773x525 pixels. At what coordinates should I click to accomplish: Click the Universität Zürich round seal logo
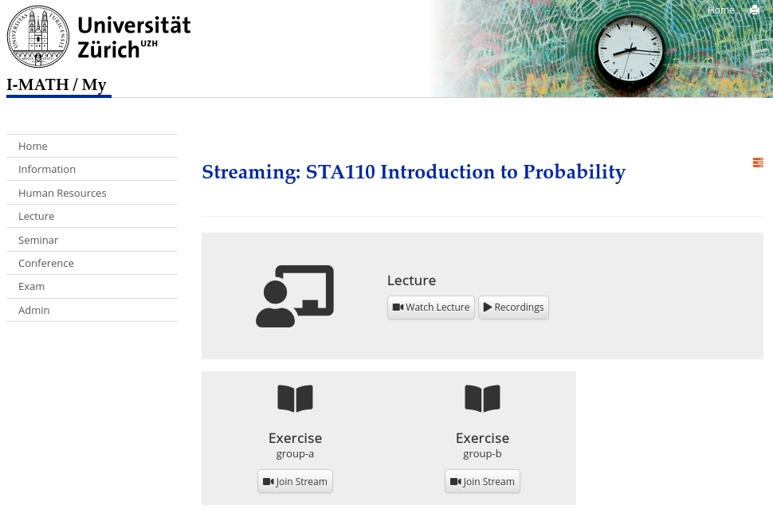tap(38, 37)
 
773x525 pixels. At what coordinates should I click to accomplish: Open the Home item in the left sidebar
tap(33, 146)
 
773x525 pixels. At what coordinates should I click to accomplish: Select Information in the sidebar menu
tap(47, 169)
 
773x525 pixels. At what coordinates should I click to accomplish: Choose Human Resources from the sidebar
tap(62, 193)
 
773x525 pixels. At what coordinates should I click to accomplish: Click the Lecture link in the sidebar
tap(36, 216)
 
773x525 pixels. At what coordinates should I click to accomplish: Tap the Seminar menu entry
tap(38, 240)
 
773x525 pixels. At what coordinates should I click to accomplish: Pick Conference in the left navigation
tap(46, 263)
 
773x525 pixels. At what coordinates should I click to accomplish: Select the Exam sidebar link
tap(31, 286)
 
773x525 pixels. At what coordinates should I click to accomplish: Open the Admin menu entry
tap(34, 310)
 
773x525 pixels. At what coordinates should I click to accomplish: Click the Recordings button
tap(513, 307)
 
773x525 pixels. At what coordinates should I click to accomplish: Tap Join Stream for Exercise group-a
tap(295, 481)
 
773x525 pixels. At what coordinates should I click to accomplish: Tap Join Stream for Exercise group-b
tap(482, 481)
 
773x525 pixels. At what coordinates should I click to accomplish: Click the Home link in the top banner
tap(720, 10)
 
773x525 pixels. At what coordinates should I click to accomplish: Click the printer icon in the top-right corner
tap(754, 10)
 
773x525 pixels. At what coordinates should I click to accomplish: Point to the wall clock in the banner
tap(630, 50)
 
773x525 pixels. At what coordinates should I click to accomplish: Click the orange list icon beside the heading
tap(758, 163)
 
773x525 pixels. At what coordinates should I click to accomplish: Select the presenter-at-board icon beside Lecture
tap(295, 296)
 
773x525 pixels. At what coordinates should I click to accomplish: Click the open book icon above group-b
tap(482, 398)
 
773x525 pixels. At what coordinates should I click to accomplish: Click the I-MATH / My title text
tap(57, 84)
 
